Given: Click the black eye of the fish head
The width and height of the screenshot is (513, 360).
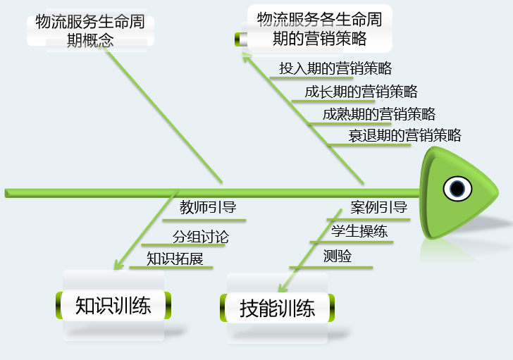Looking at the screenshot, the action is (x=457, y=189).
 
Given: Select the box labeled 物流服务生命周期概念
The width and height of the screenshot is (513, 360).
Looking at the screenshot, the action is (x=90, y=30).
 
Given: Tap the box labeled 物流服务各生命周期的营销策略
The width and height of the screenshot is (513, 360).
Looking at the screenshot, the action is (x=319, y=30).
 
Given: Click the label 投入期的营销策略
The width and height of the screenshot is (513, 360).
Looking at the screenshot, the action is (x=335, y=68).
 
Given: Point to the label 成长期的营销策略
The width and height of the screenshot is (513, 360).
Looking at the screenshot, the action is (x=361, y=92).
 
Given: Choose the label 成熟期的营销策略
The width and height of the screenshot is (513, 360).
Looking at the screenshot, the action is (x=378, y=114).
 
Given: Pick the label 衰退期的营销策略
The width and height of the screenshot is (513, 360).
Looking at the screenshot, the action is (x=404, y=135).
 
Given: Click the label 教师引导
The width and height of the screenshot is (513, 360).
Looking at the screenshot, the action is (x=207, y=207).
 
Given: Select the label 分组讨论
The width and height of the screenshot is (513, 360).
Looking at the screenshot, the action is (x=200, y=237).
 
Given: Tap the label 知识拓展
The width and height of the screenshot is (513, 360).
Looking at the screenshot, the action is (x=175, y=259).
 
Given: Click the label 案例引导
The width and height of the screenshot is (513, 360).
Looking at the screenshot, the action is (x=378, y=207).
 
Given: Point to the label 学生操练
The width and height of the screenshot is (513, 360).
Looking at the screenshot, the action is (x=359, y=231).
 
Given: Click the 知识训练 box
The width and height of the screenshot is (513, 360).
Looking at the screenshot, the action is (x=113, y=306).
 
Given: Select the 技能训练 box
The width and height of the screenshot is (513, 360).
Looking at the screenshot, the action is (x=277, y=308).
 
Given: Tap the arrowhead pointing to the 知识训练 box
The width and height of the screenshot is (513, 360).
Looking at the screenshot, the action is (x=117, y=265).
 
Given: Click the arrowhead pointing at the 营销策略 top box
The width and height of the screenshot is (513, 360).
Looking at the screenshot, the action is (x=245, y=61).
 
